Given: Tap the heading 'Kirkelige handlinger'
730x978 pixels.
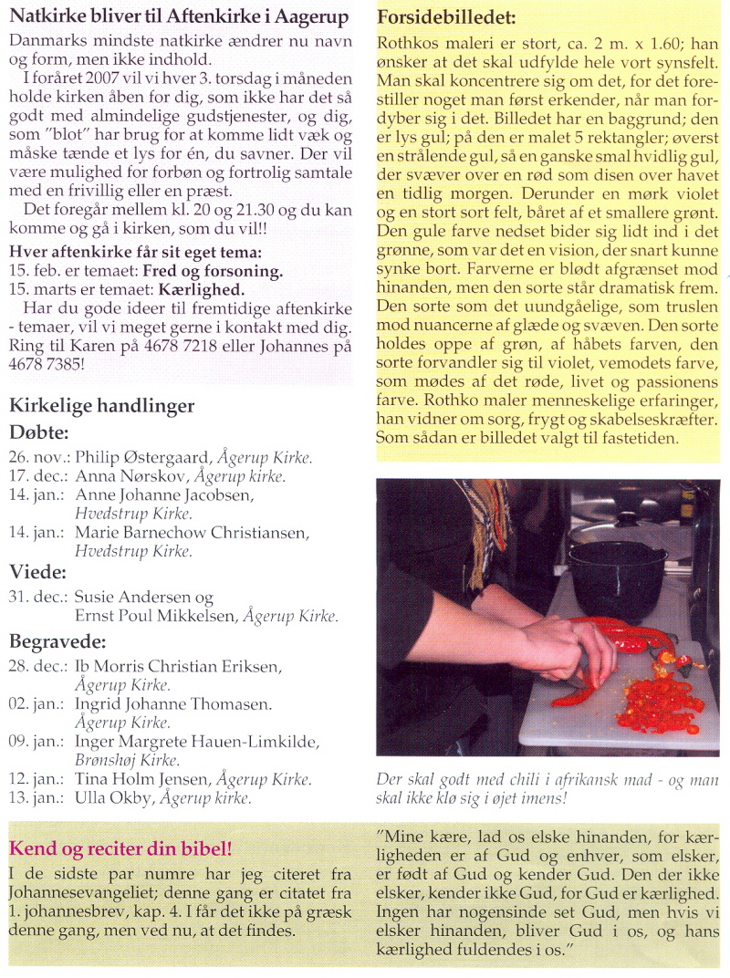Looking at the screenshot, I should [101, 406].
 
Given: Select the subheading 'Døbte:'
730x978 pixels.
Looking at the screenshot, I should [39, 432].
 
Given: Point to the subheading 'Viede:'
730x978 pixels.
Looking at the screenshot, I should [36, 573].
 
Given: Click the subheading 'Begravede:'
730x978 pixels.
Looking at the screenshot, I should [58, 641].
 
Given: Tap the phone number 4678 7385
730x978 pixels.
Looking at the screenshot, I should [43, 363].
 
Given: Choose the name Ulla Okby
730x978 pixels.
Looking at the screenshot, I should [113, 798].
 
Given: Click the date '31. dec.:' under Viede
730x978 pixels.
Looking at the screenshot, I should [38, 598].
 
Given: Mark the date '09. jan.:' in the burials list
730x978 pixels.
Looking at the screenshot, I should [38, 742].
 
